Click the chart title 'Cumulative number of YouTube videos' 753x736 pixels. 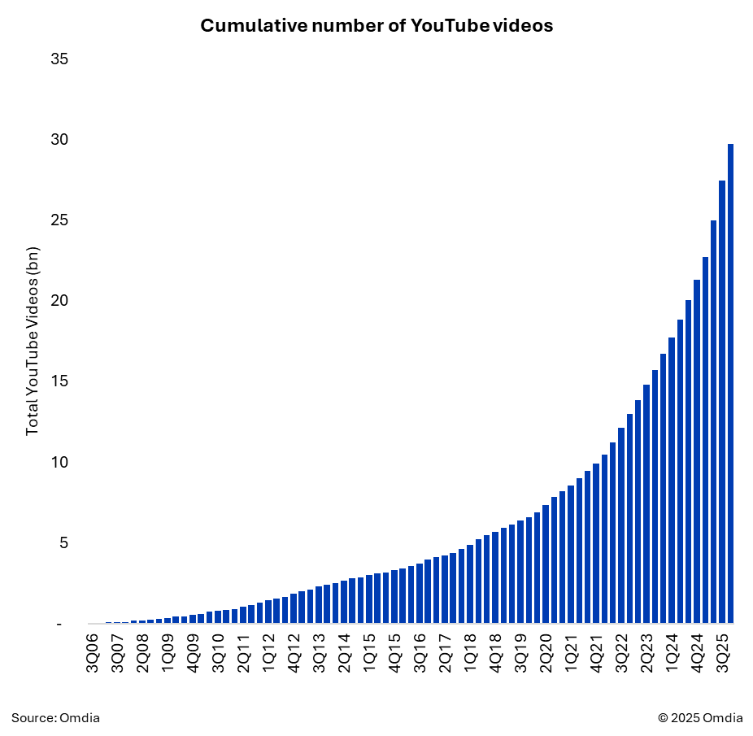(x=376, y=26)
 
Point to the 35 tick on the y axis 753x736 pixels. (x=59, y=59)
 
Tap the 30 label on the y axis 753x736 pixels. (x=59, y=140)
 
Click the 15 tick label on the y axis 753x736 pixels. (x=59, y=381)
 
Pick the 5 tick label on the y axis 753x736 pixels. (x=63, y=542)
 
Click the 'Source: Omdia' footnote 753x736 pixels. (x=55, y=717)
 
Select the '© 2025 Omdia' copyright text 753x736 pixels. (x=700, y=717)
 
